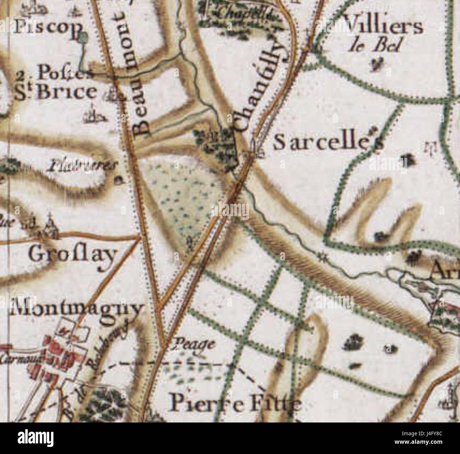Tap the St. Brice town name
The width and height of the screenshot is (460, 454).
pos(57,92)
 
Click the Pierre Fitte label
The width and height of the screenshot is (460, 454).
pos(235,403)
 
